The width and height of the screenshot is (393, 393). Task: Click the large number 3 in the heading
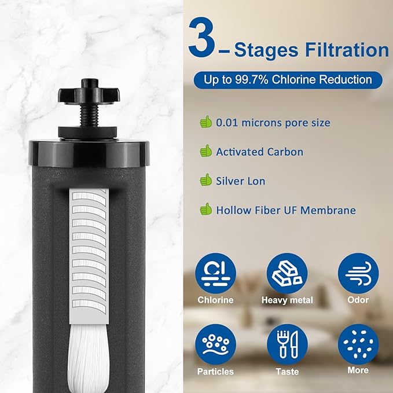[x=204, y=39]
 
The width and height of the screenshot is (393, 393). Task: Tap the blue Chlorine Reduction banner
[x=288, y=79]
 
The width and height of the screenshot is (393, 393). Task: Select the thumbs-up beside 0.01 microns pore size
[x=205, y=122]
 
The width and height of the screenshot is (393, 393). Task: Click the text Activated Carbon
[x=259, y=152]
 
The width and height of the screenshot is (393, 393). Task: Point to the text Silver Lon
[x=240, y=181]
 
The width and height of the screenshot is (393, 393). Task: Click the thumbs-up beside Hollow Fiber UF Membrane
[x=205, y=210]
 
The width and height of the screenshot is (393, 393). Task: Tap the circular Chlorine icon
[x=215, y=273]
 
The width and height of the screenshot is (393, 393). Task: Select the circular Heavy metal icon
[x=287, y=273]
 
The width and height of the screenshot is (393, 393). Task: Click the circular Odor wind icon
[x=358, y=273]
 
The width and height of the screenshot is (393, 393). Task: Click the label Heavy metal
[x=287, y=300]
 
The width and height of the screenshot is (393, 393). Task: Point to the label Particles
[x=215, y=371]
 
